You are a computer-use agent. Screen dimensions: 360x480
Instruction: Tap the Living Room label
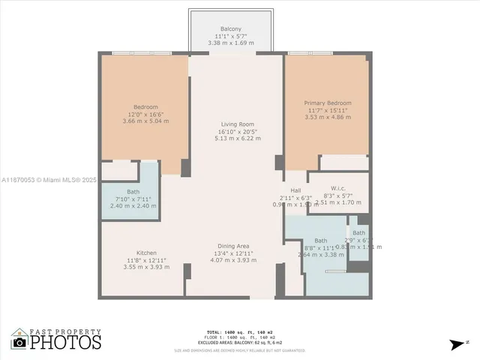point(237,124)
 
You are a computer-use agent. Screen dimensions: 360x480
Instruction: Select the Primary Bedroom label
point(327,103)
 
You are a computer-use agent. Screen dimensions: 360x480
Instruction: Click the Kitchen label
point(146,253)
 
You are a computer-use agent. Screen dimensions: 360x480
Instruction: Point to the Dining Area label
point(233,247)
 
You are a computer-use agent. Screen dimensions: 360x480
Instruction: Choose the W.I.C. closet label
point(342,188)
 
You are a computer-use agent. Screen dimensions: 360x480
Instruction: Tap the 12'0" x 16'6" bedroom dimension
point(146,113)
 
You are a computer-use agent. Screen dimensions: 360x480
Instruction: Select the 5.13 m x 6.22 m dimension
point(237,138)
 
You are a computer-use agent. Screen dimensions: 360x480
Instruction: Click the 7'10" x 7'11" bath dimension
point(133,199)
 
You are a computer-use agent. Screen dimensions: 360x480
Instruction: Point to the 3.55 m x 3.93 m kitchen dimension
point(146,267)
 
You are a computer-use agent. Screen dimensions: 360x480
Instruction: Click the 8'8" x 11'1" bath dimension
point(321,247)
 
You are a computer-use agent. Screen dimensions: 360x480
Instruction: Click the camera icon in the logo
point(19,342)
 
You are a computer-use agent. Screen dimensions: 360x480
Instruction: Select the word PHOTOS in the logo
point(65,343)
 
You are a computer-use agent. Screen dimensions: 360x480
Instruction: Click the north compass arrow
point(456,344)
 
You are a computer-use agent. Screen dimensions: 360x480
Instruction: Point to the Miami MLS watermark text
point(49,180)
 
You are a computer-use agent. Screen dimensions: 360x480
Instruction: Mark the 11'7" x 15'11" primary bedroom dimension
point(327,110)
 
